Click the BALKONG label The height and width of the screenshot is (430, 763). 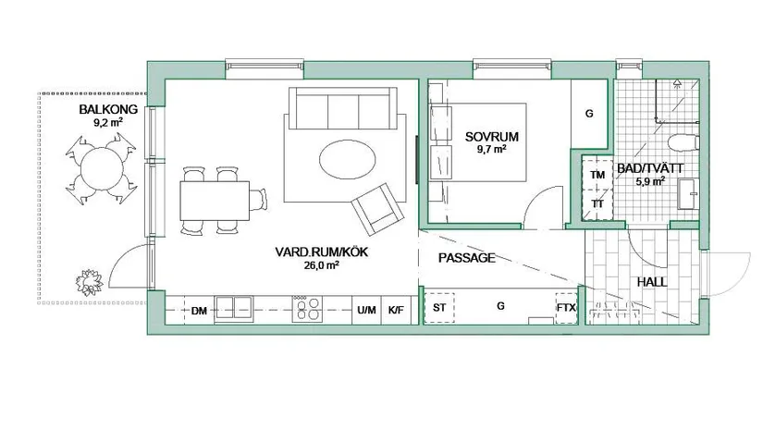[108, 109]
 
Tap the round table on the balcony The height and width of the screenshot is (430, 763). [102, 169]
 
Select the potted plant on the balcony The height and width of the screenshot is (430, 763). [89, 283]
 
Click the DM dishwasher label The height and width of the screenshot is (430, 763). [199, 311]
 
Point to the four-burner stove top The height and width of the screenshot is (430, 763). [307, 310]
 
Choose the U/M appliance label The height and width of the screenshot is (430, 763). [366, 310]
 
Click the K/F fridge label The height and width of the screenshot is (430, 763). [396, 310]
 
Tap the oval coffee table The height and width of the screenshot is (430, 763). [348, 160]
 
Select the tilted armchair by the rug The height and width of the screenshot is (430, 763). [377, 209]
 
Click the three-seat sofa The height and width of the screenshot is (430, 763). [343, 108]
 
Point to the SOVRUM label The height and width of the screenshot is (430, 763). [491, 137]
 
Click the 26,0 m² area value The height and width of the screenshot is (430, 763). [321, 265]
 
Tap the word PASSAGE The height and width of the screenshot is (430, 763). [467, 258]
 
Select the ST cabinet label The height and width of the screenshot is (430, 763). [439, 307]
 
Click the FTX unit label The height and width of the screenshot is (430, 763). [566, 307]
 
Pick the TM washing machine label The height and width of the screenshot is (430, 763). [597, 175]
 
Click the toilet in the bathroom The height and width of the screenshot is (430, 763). [683, 142]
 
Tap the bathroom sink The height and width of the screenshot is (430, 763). [688, 194]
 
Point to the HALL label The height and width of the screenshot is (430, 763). [652, 282]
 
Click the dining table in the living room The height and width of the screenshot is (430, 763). [215, 201]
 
